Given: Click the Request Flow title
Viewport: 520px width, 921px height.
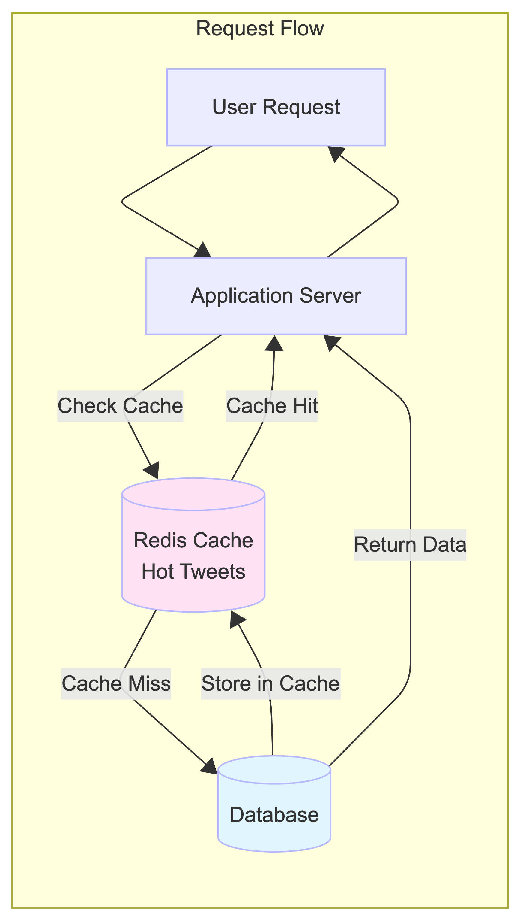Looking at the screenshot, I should tap(260, 29).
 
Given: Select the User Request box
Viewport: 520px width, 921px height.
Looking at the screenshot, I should tap(276, 107).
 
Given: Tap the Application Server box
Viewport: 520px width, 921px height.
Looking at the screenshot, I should tap(276, 296).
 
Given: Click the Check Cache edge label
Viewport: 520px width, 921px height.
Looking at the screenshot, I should tap(120, 406).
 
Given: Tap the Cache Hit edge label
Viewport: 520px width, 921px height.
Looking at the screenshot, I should tap(272, 406).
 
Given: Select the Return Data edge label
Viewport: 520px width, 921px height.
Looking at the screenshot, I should tap(410, 545).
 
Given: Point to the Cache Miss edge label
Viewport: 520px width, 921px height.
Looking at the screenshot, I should tap(116, 683).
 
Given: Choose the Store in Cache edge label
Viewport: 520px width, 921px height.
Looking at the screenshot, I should tap(271, 683).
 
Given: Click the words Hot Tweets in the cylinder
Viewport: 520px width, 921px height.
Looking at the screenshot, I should tap(193, 572).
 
